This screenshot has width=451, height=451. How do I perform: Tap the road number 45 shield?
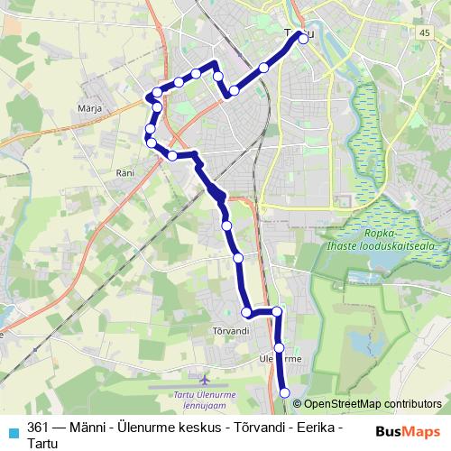pyautogui.click(x=425, y=32)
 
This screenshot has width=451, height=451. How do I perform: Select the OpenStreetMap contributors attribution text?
pyautogui.click(x=372, y=404)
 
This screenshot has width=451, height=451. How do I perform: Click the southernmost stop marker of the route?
pyautogui.click(x=285, y=392)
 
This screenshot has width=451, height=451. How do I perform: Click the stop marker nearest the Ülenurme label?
pyautogui.click(x=280, y=347)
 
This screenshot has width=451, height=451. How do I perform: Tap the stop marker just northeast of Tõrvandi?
pyautogui.click(x=247, y=312)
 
